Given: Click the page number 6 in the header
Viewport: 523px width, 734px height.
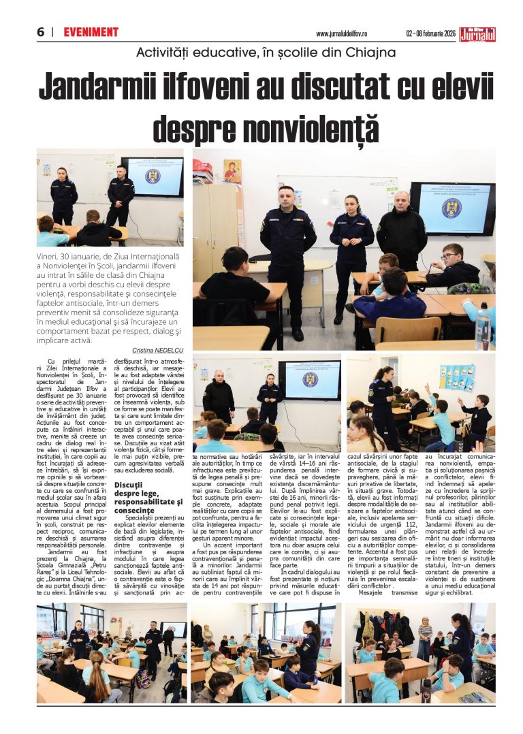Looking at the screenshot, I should click(40, 32).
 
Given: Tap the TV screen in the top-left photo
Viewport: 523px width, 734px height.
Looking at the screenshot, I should click(152, 176).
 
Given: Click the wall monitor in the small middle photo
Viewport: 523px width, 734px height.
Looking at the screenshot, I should click(310, 379).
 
